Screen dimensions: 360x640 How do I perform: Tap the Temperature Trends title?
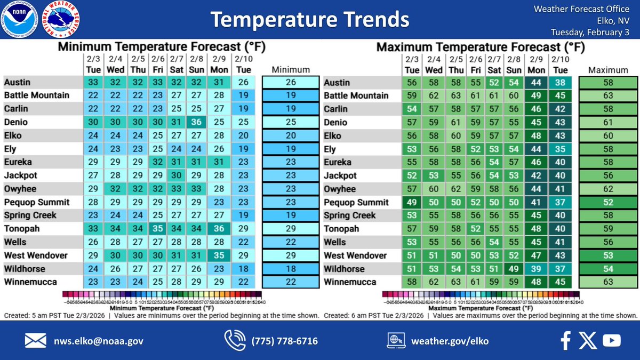click(x=309, y=20)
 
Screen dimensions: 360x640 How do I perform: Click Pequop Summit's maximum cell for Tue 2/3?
click(x=412, y=202)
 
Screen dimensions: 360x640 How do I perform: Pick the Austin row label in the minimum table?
click(x=18, y=82)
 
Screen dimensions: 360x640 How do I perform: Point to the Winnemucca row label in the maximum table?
click(x=349, y=282)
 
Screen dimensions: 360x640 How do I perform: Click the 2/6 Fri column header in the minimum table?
click(x=158, y=65)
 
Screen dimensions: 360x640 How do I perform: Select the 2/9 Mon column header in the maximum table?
click(x=536, y=65)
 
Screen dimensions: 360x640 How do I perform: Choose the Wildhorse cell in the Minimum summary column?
click(x=291, y=269)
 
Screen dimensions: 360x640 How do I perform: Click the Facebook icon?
click(x=566, y=340)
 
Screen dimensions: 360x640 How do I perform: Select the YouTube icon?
click(x=612, y=340)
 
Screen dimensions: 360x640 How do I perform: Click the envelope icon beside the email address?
click(x=36, y=340)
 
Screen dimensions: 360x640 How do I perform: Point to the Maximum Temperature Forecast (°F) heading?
click(x=481, y=47)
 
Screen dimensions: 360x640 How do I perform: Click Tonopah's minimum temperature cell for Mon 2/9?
click(x=219, y=229)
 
